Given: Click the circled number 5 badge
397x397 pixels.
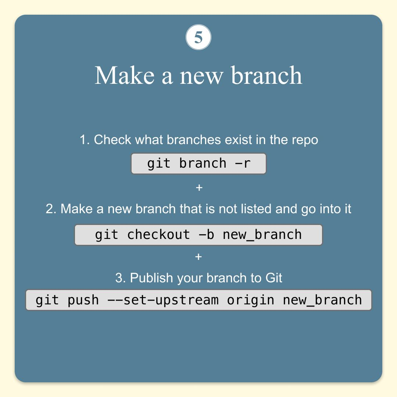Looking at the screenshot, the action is pos(198,37).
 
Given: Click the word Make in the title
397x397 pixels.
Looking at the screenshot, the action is pos(125,75).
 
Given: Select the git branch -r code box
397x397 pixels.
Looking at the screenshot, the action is pos(198,164).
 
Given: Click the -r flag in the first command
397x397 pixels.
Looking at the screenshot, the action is pos(243,164).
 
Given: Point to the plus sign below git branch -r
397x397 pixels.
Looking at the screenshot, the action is pos(199,187).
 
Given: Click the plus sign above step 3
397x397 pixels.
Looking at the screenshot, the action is pos(198,257).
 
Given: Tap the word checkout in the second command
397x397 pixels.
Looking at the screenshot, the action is pos(158,235).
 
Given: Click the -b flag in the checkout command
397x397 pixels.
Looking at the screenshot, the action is pos(206,235).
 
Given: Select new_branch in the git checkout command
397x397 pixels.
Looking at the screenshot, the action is pos(262,235).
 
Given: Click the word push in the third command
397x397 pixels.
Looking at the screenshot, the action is pos(83,300).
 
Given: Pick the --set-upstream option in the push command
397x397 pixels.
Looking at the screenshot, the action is pos(163,300).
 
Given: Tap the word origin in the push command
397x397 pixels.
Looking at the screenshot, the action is pos(250,300).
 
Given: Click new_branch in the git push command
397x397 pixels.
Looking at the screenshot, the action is pos(322,300).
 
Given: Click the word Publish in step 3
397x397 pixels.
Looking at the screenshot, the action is pos(151,278).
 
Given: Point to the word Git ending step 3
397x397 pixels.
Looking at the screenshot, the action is pos(274,278).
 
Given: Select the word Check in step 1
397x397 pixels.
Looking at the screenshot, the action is pos(112,140).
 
